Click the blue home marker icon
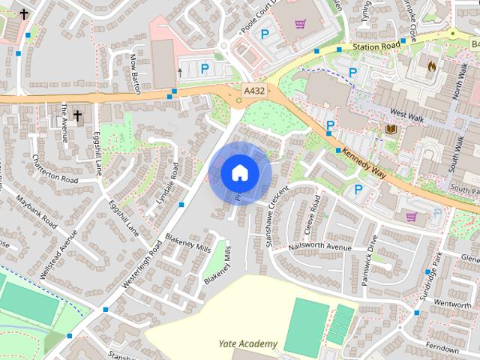coord(240,172)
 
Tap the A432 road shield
coord(253,89)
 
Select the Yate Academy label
coord(247,344)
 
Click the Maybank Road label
coord(40,212)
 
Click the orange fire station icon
coord(431,66)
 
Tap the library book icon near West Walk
coord(390,130)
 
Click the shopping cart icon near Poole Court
coord(301,23)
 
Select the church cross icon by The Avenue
coord(77,115)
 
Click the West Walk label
coord(408,115)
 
